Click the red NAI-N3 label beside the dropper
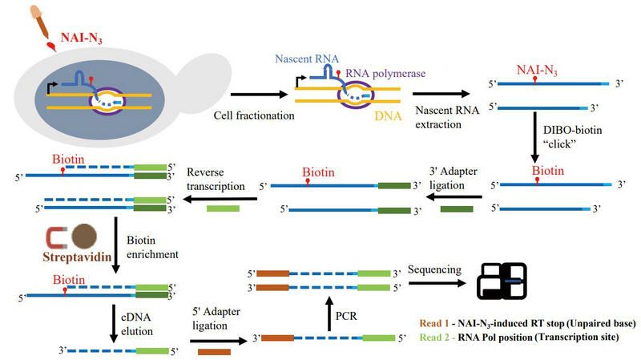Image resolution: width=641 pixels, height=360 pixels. point(87,38)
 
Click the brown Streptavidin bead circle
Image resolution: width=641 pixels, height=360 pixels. point(85,237)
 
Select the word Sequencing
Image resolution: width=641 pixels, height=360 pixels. point(437,269)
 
